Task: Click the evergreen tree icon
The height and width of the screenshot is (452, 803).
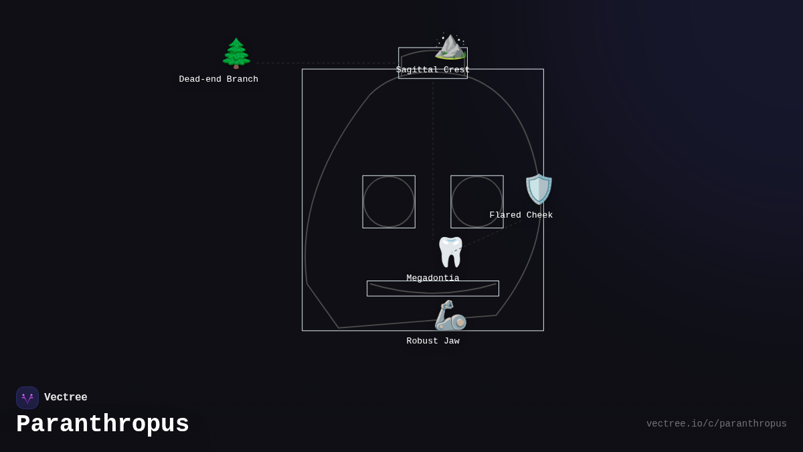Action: click(x=236, y=54)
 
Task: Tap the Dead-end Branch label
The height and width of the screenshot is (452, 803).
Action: click(x=218, y=80)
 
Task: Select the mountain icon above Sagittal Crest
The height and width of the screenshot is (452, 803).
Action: click(x=450, y=46)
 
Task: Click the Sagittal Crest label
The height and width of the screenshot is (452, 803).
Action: click(x=433, y=70)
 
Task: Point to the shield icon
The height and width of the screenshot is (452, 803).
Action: click(x=539, y=190)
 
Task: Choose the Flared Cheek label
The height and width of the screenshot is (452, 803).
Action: click(x=521, y=216)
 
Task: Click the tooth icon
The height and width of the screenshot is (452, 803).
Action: click(x=450, y=252)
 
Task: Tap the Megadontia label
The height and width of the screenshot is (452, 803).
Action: click(x=433, y=278)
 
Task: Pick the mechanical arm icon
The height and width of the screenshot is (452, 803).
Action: click(x=450, y=315)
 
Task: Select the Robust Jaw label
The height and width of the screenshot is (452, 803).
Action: click(x=433, y=342)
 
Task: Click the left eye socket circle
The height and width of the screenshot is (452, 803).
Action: click(x=389, y=202)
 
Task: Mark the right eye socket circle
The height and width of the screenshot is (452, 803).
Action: click(x=477, y=202)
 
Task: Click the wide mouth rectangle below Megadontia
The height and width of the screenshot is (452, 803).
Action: click(x=433, y=289)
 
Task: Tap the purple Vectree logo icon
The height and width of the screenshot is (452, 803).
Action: click(x=27, y=398)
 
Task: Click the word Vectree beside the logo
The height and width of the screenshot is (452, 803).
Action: click(x=66, y=398)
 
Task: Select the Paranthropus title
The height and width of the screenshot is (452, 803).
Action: click(x=102, y=425)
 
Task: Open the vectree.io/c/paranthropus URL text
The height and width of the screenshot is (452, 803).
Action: click(x=716, y=424)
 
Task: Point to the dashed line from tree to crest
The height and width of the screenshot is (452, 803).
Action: click(x=328, y=63)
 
